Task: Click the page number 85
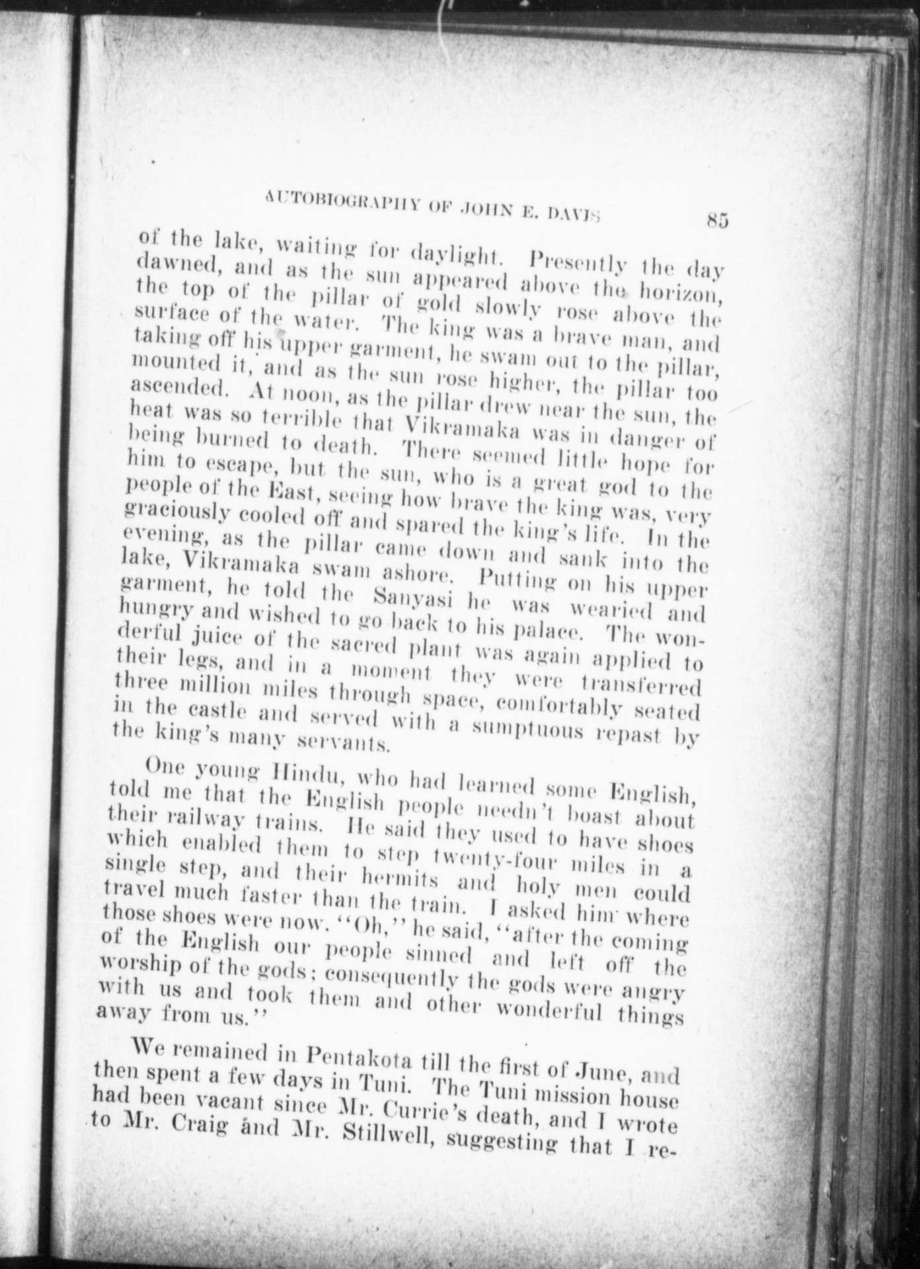pos(716,219)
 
